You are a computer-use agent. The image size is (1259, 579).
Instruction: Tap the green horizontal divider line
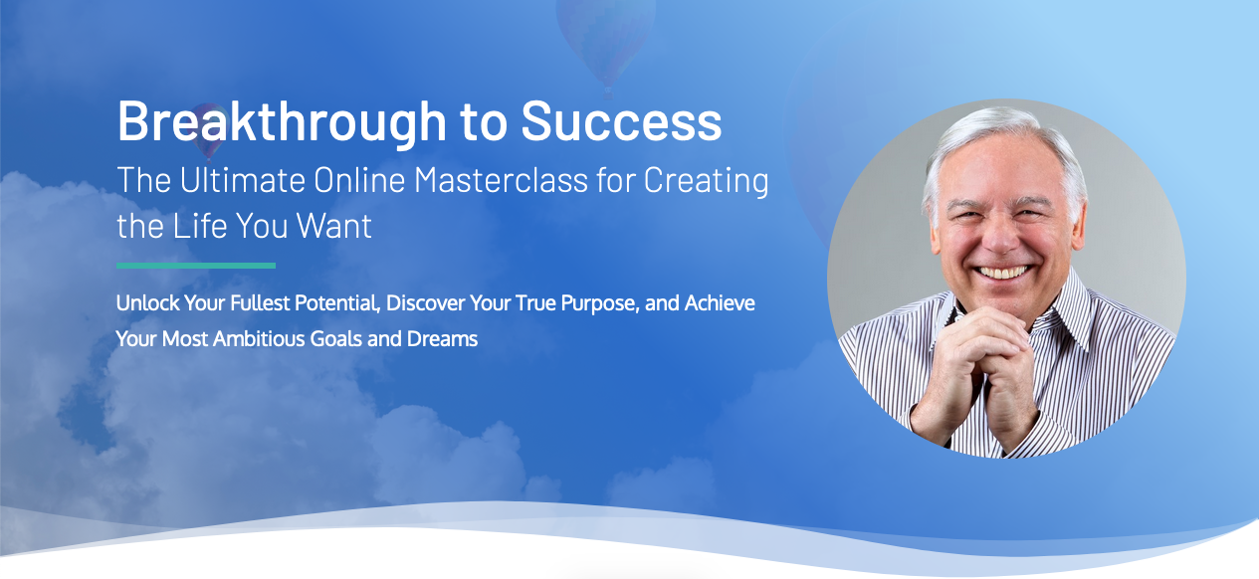pyautogui.click(x=196, y=266)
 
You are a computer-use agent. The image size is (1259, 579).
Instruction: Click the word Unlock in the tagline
pyautogui.click(x=143, y=303)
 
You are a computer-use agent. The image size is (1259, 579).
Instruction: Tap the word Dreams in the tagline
pyautogui.click(x=443, y=339)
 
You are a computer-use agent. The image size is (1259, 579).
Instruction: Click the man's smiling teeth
pyautogui.click(x=1000, y=272)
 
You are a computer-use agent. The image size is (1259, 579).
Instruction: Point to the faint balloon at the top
pyautogui.click(x=605, y=35)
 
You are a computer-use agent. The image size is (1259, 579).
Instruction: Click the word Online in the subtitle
pyautogui.click(x=359, y=181)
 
